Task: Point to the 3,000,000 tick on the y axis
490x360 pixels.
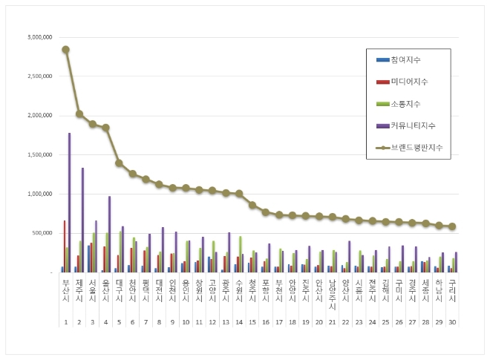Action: pos(38,37)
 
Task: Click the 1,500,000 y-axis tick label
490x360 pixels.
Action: pos(38,154)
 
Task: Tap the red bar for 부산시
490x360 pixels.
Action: pos(65,246)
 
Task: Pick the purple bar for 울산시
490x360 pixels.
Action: pos(110,234)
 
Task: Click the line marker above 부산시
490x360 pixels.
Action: pos(65,50)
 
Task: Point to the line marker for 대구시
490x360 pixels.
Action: pos(120,163)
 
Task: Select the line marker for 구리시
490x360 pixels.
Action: pos(452,226)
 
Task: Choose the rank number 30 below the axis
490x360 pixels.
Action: pos(452,322)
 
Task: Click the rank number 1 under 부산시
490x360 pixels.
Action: pos(65,322)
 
